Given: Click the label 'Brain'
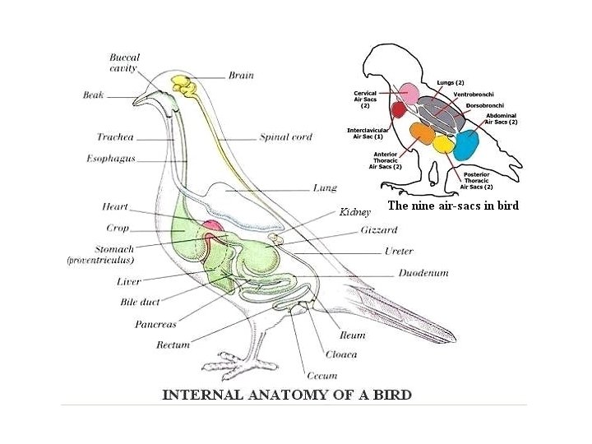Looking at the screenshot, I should coord(241,76).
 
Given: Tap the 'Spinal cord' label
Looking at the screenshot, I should coord(285,137).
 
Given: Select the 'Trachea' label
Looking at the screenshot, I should coord(114,137).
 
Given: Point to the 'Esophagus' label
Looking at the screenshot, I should coord(111,158).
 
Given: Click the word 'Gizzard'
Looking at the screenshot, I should coord(378,230).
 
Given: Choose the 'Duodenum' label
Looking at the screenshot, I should coord(423,273).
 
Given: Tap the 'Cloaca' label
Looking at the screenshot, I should coord(341,354).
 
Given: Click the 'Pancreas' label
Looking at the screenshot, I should coord(155,324).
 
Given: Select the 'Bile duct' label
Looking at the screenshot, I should coord(140,302).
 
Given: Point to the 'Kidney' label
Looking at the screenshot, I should coord(355,212).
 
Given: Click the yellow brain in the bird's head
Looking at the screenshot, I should coord(183,84).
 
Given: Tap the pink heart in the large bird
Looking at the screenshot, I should coord(211,226).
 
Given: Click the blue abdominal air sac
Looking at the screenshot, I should coord(466,145).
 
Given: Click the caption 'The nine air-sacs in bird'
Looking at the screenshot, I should coord(453,206).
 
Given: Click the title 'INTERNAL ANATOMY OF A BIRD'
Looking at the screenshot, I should coord(287,395).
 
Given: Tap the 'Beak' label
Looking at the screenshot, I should coord(94,95).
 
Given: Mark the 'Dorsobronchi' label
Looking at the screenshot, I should coord(483,105).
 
